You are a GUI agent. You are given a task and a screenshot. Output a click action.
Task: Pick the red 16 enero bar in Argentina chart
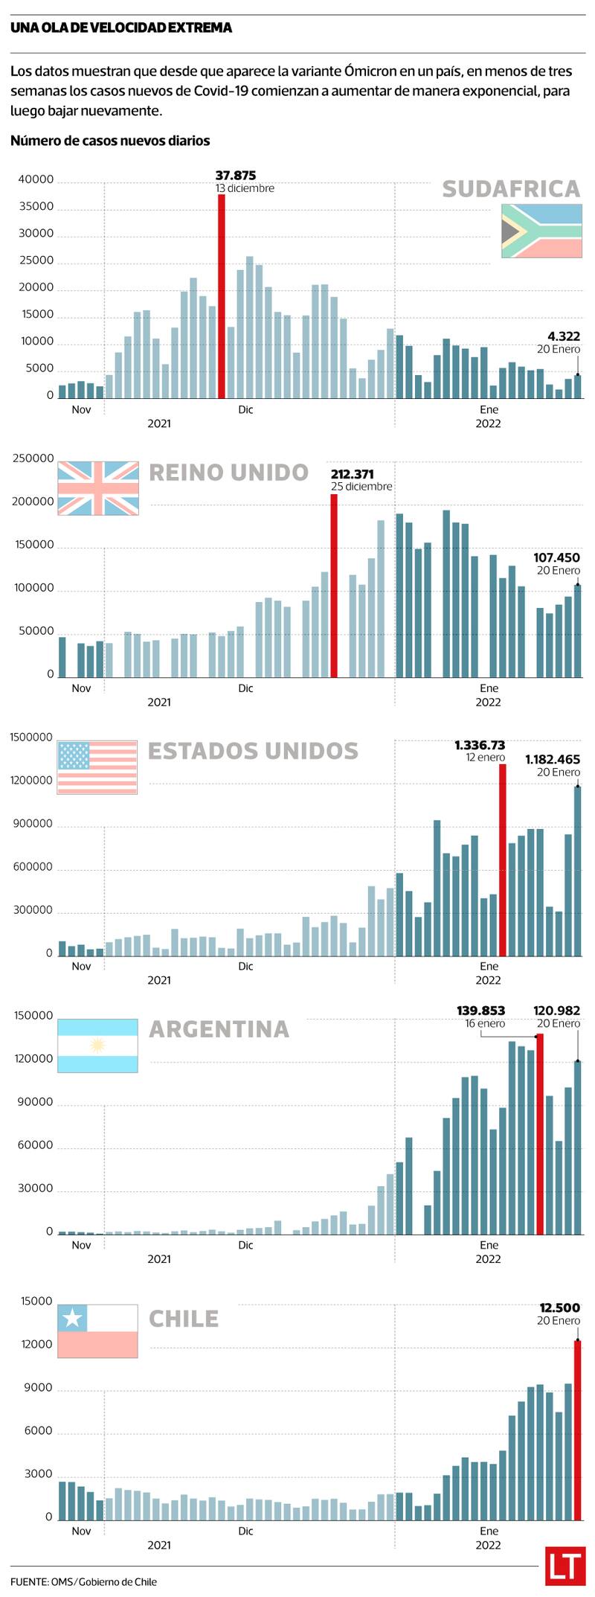540,1134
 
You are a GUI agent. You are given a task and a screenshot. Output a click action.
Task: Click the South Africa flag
541,231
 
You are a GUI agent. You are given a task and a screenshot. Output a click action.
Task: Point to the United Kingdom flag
98,488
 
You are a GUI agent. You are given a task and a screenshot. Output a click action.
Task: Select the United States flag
97,767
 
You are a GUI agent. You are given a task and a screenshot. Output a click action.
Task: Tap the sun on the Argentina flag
97,1046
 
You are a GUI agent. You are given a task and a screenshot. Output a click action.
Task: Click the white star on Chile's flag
72,1319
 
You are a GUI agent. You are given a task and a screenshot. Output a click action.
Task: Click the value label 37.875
236,176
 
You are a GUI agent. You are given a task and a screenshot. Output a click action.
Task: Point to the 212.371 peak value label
353,474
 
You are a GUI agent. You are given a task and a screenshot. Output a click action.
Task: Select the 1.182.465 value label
553,760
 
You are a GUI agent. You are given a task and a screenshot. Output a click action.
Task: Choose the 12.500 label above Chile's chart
559,1308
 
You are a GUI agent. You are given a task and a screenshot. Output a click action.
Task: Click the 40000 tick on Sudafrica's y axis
36,179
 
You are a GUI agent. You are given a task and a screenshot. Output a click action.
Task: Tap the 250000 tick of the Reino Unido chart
33,458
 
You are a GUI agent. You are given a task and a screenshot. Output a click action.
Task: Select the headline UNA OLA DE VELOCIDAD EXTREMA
121,28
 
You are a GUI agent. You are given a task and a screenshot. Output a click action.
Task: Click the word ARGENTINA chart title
219,1029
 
